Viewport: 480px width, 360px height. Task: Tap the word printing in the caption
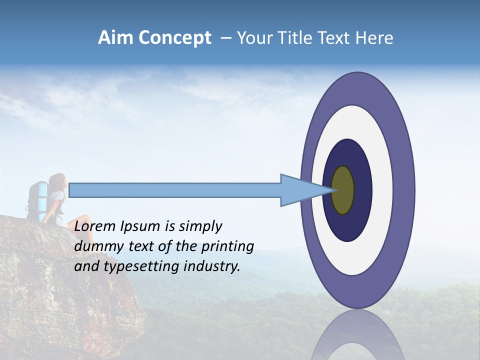coord(227,247)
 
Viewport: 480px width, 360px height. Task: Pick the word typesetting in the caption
coord(134,267)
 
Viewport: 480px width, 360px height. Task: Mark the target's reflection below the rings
coord(358,337)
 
